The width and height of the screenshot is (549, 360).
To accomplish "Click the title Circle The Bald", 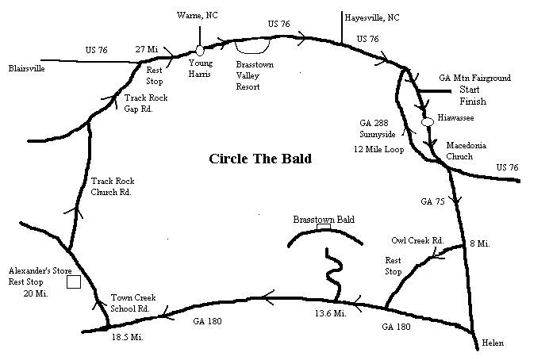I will (x=260, y=159).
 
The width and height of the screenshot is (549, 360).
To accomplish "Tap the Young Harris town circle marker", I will (x=200, y=51).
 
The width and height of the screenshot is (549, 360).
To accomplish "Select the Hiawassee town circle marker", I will (x=427, y=121).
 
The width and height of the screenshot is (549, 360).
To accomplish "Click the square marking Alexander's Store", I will (x=74, y=281).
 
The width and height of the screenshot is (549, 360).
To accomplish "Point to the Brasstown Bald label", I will (x=323, y=219).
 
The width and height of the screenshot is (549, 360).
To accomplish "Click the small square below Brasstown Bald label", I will (x=324, y=228).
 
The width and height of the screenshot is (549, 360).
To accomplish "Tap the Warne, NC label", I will (x=198, y=13).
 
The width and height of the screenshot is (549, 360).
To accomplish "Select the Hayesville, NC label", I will (x=372, y=17).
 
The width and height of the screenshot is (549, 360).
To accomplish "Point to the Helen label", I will (x=492, y=343).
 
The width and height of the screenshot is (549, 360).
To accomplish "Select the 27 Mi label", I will (x=147, y=48).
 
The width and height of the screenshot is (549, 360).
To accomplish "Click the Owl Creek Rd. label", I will (x=417, y=240).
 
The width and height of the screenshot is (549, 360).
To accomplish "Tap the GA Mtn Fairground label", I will (x=474, y=78).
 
